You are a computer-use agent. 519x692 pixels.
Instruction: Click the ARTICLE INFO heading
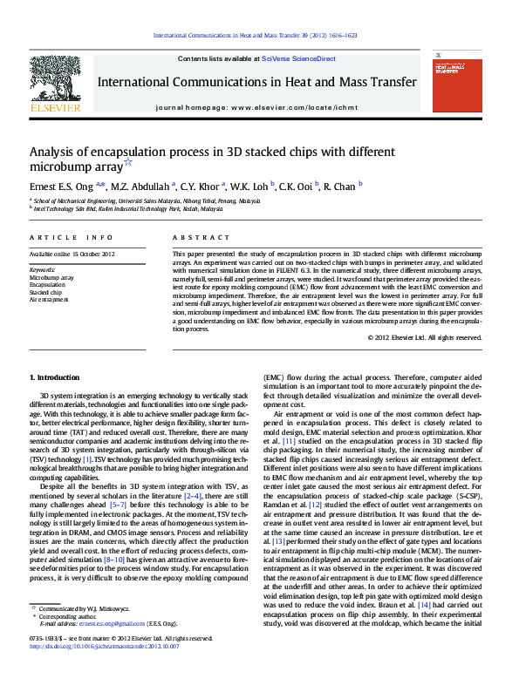pos(72,237)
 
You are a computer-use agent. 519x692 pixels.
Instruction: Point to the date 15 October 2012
pos(92,254)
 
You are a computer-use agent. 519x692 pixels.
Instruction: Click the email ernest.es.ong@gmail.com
pos(101,624)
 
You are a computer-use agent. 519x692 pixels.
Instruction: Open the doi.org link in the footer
pos(105,647)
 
